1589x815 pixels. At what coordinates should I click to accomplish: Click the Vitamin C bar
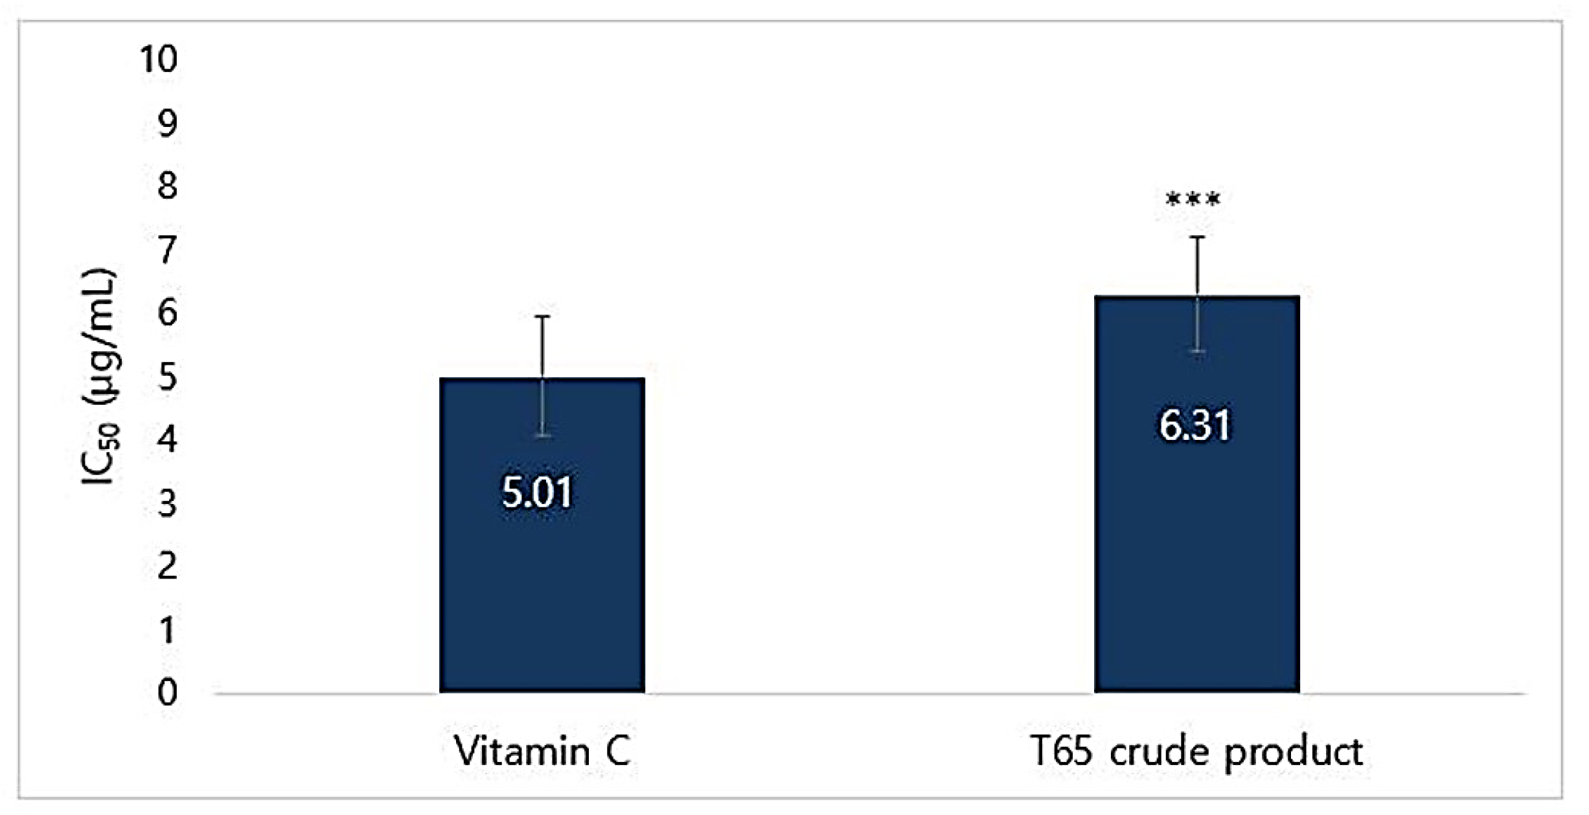[x=542, y=583]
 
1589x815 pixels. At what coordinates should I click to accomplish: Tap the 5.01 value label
[x=537, y=492]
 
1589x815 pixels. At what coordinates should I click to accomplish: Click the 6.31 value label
[x=1194, y=426]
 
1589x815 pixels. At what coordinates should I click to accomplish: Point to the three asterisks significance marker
[x=1193, y=200]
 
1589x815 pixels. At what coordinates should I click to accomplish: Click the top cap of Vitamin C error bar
[x=542, y=317]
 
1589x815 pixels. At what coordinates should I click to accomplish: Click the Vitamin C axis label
[x=542, y=752]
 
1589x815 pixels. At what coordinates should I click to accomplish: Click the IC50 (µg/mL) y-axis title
[x=98, y=376]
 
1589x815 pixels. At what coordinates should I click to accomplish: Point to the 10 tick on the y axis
[x=157, y=59]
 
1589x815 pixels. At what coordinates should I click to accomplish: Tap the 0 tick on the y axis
[x=167, y=693]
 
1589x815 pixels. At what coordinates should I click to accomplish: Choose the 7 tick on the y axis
[x=167, y=249]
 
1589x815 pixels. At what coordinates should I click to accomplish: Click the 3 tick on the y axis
[x=167, y=503]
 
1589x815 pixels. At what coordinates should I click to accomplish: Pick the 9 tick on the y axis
[x=167, y=122]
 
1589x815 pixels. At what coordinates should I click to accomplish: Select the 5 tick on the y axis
[x=167, y=376]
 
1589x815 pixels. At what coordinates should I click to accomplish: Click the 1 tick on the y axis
[x=167, y=630]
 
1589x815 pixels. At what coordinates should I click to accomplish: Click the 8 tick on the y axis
[x=167, y=186]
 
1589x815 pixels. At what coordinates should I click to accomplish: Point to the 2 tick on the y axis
[x=167, y=566]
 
